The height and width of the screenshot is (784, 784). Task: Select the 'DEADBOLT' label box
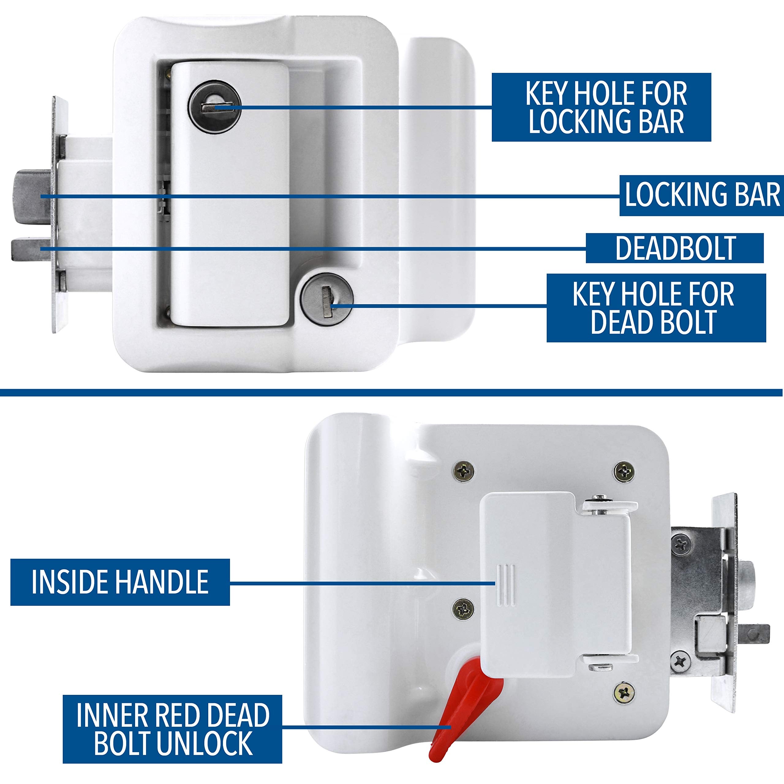coord(674,248)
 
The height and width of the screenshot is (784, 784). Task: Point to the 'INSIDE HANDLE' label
coord(120,582)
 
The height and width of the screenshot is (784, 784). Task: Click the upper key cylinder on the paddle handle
coord(214,106)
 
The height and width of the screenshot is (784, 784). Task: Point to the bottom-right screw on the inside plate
coord(624,693)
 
